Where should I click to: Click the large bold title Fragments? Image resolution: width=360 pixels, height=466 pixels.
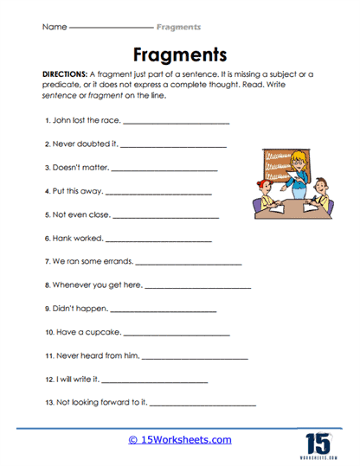pos(180,55)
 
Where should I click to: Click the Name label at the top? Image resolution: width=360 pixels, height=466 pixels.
pos(54,27)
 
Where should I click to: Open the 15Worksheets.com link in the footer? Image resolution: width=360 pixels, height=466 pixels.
pos(180,439)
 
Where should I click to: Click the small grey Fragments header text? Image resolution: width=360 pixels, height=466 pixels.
pos(186,27)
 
